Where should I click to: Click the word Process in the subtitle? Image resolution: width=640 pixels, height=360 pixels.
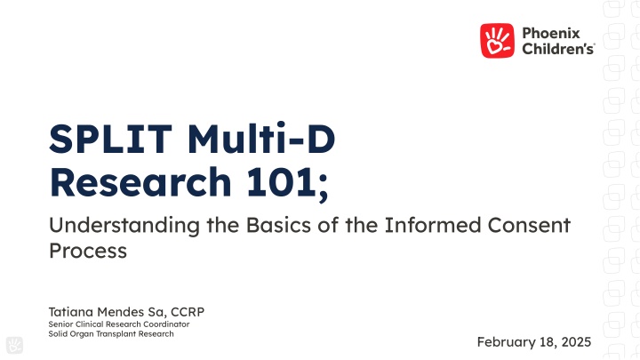pyautogui.click(x=87, y=251)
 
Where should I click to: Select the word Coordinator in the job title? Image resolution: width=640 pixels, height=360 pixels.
pyautogui.click(x=166, y=324)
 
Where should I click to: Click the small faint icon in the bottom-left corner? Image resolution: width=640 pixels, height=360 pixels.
pyautogui.click(x=13, y=346)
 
